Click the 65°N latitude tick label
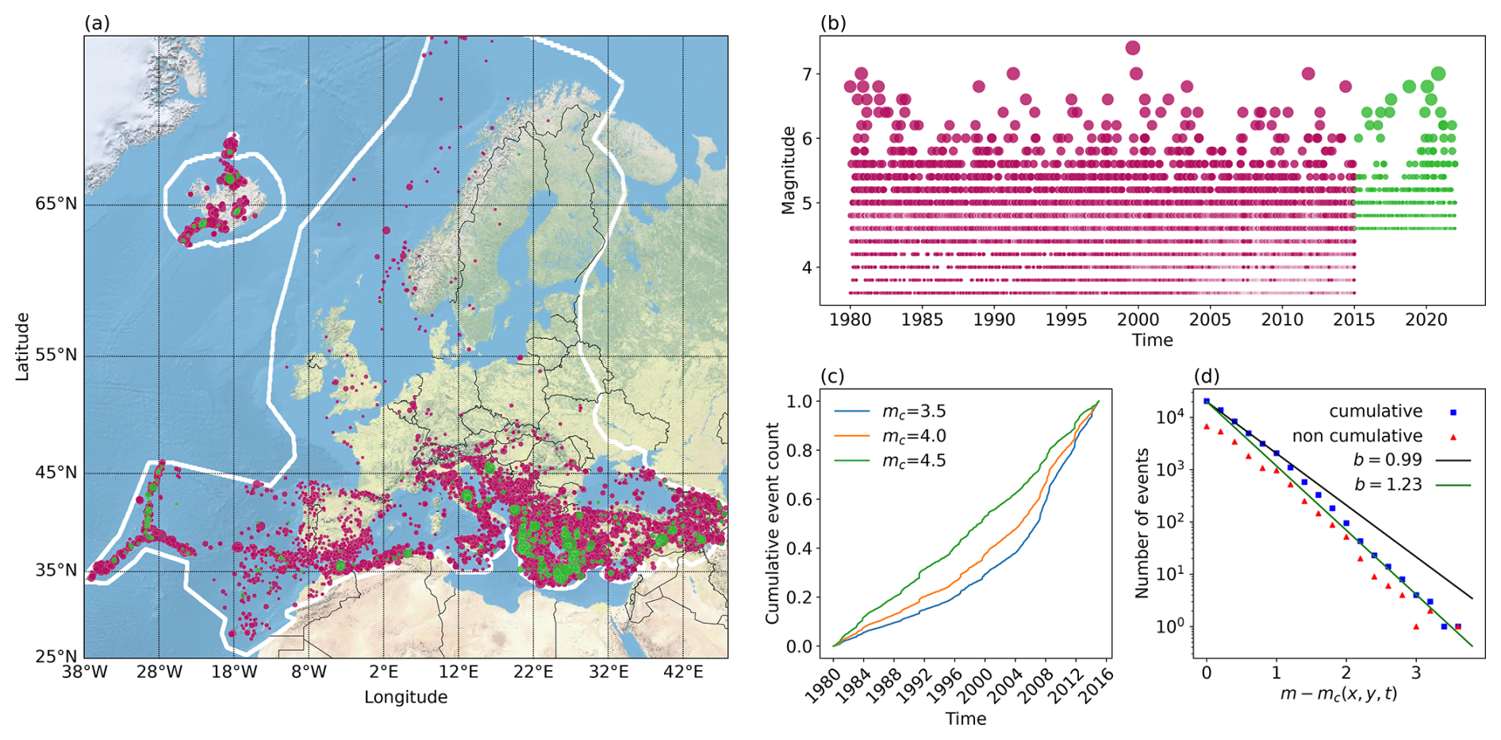pyautogui.click(x=56, y=204)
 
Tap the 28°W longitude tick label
pyautogui.click(x=159, y=673)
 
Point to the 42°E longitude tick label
pyautogui.click(x=683, y=673)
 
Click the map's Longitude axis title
pyautogui.click(x=405, y=697)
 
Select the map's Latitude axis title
pyautogui.click(x=22, y=346)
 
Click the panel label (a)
pyautogui.click(x=97, y=24)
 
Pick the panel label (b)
pyautogui.click(x=833, y=24)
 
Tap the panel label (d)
pyautogui.click(x=1207, y=376)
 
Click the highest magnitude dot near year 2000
pyautogui.click(x=1133, y=48)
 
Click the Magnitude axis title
pyautogui.click(x=788, y=170)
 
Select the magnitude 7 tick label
pyautogui.click(x=807, y=75)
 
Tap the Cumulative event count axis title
pyautogui.click(x=772, y=523)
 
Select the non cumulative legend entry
pyautogui.click(x=1357, y=436)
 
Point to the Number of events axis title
pyautogui.click(x=1142, y=523)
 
